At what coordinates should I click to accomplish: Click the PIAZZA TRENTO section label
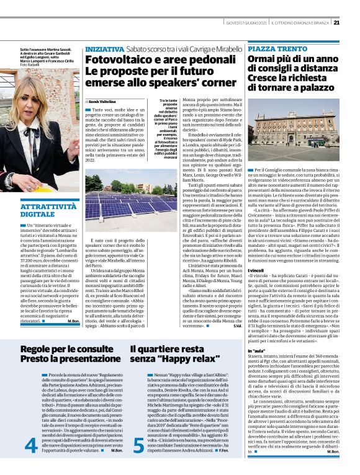tap(274, 48)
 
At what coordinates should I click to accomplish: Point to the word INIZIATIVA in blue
tap(104, 48)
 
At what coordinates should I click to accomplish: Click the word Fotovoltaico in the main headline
tap(116, 60)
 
